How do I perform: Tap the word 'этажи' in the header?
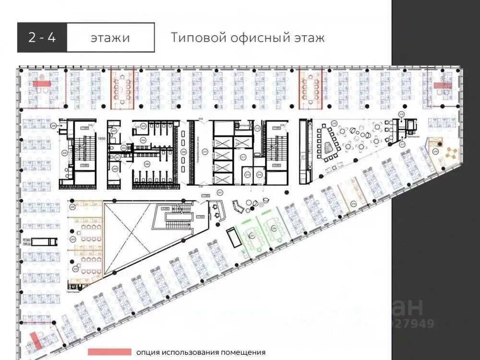(110, 38)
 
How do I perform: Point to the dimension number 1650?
(101, 139)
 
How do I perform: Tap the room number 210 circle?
(205, 152)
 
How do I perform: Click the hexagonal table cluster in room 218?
(451, 154)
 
